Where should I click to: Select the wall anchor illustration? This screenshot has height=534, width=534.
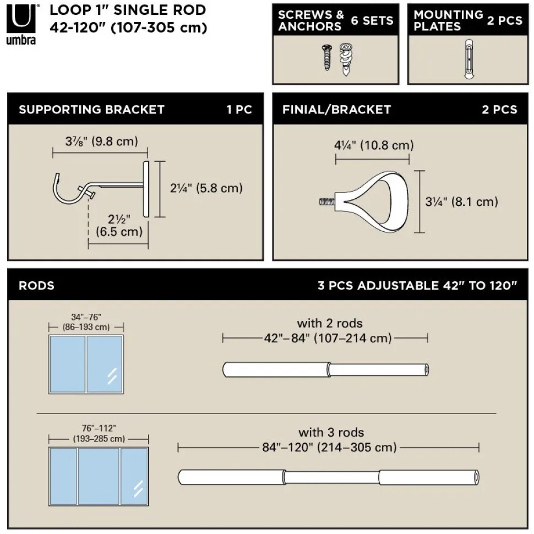point(346,59)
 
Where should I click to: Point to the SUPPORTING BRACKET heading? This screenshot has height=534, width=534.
point(91,109)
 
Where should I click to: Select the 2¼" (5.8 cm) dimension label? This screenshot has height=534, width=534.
point(206,188)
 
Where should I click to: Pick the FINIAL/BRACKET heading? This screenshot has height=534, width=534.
point(336,109)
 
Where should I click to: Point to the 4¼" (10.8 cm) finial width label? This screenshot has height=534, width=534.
point(373,146)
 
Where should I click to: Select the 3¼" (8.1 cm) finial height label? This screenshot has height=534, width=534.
point(461,201)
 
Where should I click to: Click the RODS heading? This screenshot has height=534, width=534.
point(36,286)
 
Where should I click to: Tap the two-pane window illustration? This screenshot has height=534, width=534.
point(85,363)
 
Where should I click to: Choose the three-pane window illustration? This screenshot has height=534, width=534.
point(98,476)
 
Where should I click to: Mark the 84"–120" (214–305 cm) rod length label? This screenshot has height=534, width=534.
point(329,447)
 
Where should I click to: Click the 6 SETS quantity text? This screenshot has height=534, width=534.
point(372,20)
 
